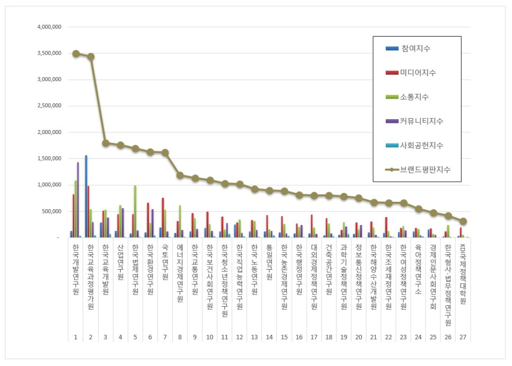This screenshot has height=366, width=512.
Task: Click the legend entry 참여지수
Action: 416,49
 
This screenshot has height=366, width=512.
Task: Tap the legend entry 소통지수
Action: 416,97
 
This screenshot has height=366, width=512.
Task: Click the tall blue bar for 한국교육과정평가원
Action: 86,196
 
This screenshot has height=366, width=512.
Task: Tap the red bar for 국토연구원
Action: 163,217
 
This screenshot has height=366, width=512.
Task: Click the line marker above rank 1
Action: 76,53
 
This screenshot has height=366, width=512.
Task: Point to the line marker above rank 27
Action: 463,221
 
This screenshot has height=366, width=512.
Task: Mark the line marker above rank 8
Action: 180,175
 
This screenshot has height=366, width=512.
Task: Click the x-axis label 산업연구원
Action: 120,263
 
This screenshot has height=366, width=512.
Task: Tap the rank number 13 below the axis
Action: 254,337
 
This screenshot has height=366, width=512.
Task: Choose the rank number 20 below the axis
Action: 359,337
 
